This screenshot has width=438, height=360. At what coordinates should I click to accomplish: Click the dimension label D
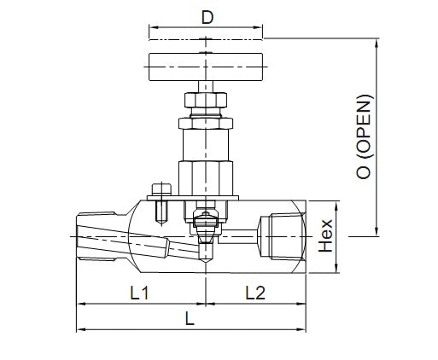[x=206, y=17]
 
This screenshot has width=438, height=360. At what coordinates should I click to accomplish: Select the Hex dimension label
[x=325, y=236]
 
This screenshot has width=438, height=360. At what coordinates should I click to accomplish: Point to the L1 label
[x=141, y=293]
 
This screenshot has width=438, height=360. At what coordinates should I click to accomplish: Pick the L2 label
[x=254, y=293]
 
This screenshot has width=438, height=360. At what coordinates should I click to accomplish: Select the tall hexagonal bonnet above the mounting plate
[x=205, y=158]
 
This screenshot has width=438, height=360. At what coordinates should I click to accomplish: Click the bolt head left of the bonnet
[x=156, y=189]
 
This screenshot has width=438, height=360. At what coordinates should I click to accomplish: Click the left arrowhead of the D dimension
[x=152, y=37]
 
